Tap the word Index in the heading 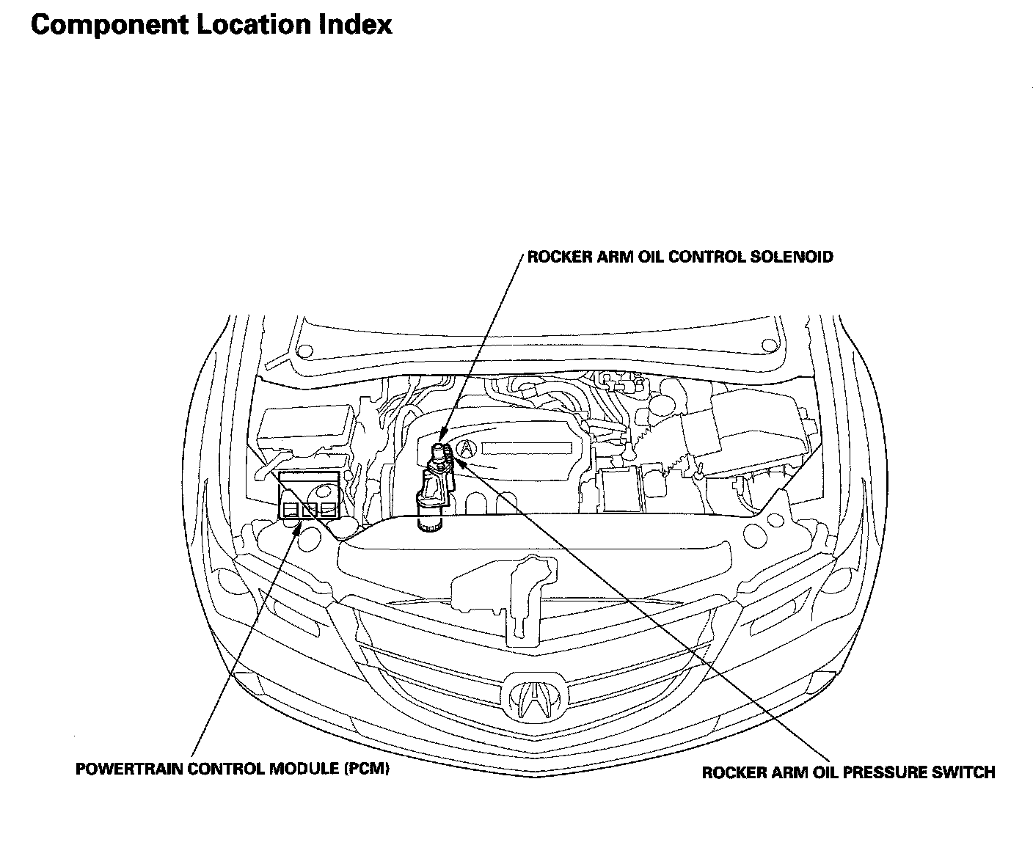click(x=355, y=24)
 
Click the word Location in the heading click(x=253, y=24)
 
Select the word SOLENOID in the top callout click(x=792, y=257)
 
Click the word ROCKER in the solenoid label click(x=559, y=257)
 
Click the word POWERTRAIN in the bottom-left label click(x=129, y=769)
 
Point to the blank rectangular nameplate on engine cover click(x=527, y=448)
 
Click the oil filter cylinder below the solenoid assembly click(x=429, y=520)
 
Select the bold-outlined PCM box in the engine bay click(x=309, y=495)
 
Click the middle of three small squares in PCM click(x=310, y=510)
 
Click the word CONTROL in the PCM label click(x=226, y=769)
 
